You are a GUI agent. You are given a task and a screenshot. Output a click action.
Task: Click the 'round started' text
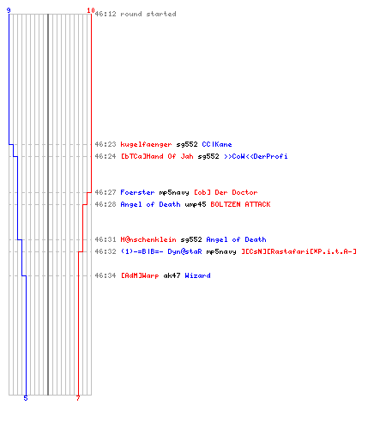point(148,14)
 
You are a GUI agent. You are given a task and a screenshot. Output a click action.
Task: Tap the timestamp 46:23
point(106,144)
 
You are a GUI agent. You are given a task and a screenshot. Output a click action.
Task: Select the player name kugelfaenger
point(146,145)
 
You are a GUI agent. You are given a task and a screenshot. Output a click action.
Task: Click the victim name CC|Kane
point(217,144)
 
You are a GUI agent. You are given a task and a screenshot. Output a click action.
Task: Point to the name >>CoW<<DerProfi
point(256,156)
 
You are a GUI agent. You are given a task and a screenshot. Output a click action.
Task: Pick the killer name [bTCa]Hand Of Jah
point(157,156)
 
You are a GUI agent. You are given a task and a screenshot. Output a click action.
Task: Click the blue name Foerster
point(137,192)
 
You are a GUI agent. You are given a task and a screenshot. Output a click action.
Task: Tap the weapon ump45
point(196,205)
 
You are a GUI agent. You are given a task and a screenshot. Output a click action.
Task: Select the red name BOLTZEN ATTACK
point(240,204)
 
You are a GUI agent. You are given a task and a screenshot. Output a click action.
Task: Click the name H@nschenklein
point(148,239)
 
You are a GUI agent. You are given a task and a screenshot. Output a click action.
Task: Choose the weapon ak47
point(172,275)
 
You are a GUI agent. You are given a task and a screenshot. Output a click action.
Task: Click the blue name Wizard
point(197,275)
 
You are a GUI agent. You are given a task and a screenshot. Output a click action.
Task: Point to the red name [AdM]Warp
point(140,276)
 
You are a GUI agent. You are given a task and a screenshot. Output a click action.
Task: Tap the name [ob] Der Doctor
point(226,192)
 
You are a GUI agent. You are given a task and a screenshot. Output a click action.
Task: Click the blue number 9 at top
point(9,10)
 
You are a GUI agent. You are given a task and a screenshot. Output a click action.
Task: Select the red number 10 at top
point(91,10)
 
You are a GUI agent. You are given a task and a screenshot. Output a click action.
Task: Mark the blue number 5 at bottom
point(26,398)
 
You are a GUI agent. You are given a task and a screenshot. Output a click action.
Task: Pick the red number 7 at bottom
point(78,398)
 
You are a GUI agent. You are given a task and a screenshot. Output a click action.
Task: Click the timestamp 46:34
point(106,275)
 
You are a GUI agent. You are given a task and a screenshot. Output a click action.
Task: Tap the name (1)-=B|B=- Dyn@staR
point(161,251)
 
